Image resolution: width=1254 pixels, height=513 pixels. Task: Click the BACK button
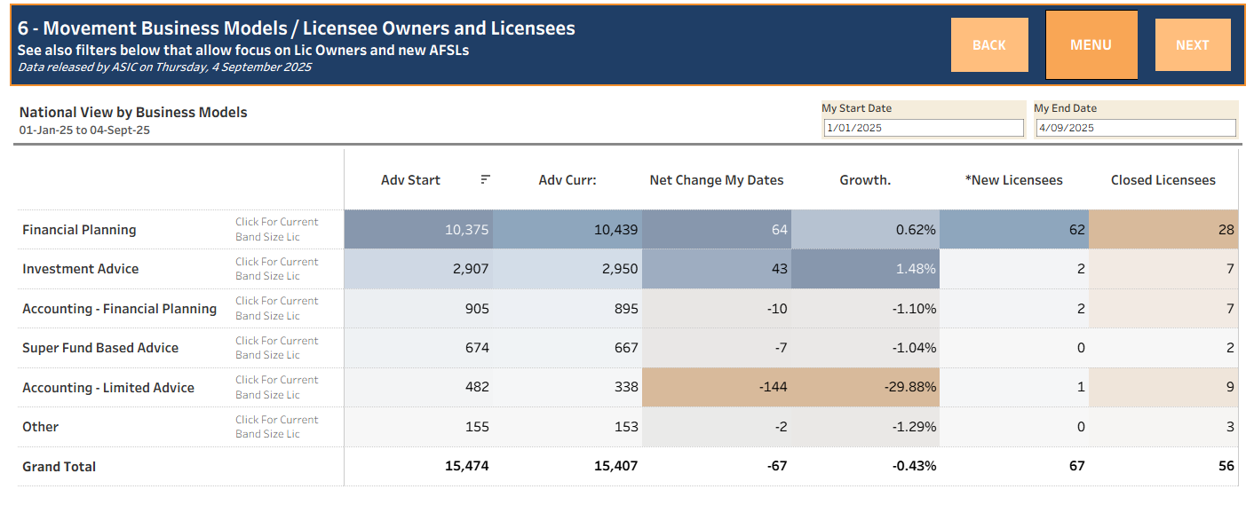988,45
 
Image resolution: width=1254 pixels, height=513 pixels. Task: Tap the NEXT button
1192,45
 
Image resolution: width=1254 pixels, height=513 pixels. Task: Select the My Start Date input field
924,128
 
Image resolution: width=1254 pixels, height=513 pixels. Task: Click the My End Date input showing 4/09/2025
1136,128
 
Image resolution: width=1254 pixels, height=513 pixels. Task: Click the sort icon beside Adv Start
485,179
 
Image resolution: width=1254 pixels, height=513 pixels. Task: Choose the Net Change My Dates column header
717,180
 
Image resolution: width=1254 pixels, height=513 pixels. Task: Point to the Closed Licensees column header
1163,180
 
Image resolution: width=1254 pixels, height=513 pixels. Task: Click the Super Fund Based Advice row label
100,348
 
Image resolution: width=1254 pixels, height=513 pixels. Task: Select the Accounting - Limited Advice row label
108,388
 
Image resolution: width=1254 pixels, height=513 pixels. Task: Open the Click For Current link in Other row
276,420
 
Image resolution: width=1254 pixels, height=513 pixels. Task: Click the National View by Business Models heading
133,113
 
